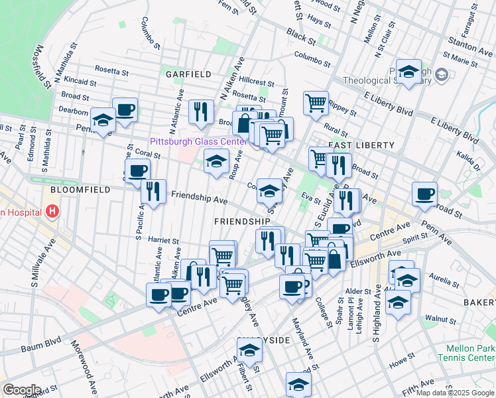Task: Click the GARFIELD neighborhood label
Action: (188, 74)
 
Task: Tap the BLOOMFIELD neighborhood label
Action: (75, 189)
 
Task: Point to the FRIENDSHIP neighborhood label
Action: (242, 220)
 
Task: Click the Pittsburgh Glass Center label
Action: (198, 141)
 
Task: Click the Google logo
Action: (22, 389)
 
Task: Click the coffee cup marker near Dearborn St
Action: (125, 109)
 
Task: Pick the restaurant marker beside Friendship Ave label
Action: (153, 192)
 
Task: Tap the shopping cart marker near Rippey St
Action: (316, 102)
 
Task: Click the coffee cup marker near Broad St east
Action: (424, 194)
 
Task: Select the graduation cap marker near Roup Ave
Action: (216, 161)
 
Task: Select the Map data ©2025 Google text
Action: (454, 393)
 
